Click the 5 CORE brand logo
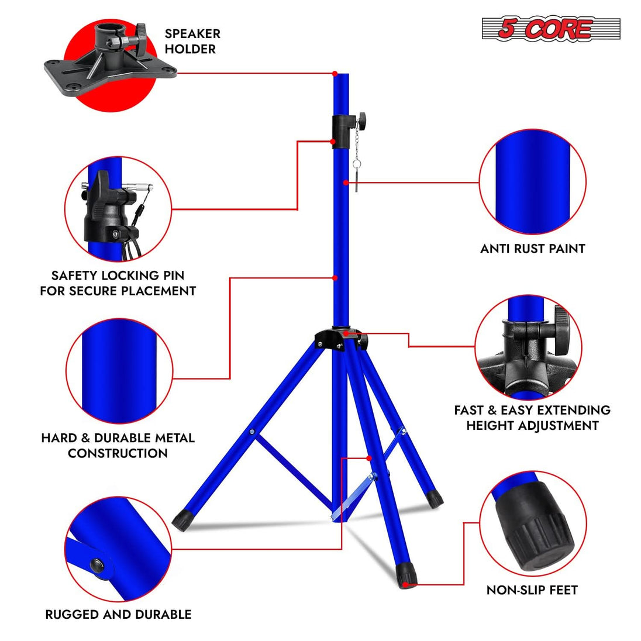550,29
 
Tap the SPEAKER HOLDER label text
192,42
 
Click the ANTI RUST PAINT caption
532,249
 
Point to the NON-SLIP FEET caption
532,590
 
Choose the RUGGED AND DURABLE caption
118,614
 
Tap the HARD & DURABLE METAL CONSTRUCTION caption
118,445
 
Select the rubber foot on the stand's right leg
434,499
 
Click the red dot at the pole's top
335,74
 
